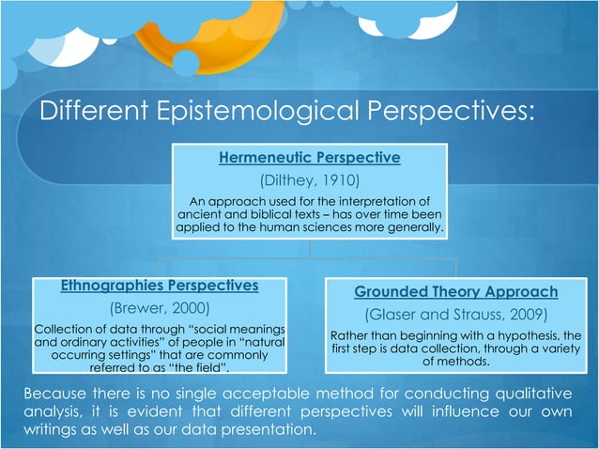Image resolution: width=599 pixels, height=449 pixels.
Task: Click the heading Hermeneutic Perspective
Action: point(309,157)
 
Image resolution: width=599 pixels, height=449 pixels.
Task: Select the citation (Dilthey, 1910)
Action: point(309,179)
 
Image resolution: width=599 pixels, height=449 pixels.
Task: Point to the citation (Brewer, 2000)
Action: point(159,307)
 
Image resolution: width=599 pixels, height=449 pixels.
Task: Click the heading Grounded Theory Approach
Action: point(455,291)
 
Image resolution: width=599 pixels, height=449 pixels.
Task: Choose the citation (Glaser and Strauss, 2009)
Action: point(455,315)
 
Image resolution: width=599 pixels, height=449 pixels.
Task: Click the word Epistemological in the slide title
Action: point(267,114)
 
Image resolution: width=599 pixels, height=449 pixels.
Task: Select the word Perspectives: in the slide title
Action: point(456,114)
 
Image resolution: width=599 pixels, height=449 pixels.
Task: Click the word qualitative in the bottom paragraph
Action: point(535,392)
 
